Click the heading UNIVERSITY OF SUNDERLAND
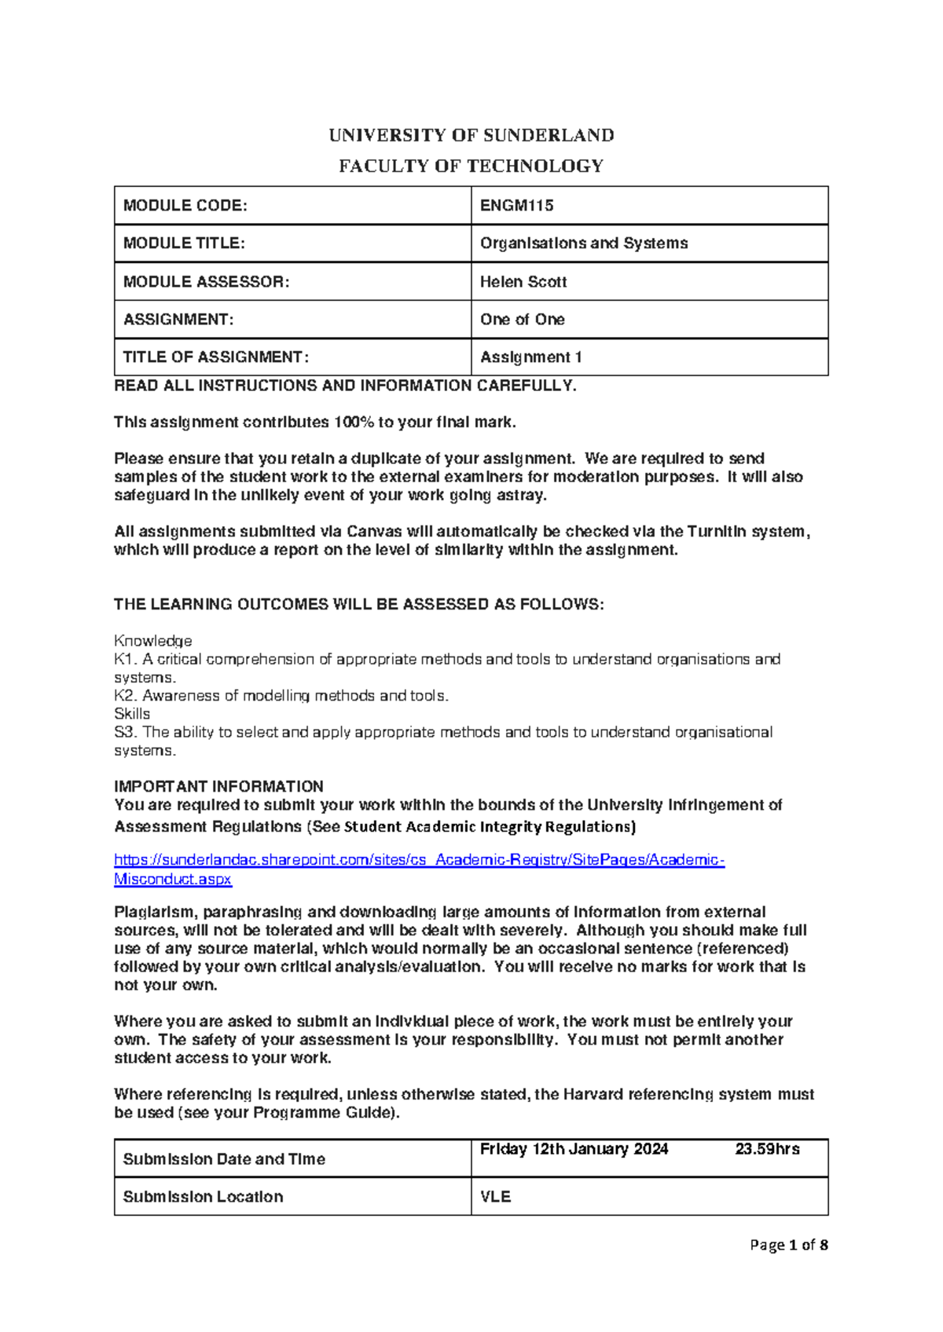[x=472, y=135]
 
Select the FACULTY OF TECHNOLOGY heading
[x=472, y=166]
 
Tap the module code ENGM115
[x=517, y=206]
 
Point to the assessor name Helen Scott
[x=523, y=282]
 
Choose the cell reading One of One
[x=523, y=320]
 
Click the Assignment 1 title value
[x=531, y=357]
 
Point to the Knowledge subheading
[x=153, y=641]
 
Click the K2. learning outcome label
[x=126, y=696]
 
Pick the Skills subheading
[x=132, y=714]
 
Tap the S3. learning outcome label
[x=126, y=732]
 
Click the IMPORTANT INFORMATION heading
[x=218, y=786]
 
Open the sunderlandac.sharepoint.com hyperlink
[x=419, y=860]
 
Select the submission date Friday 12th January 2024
[x=574, y=1149]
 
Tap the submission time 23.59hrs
[x=767, y=1149]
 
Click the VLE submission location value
[x=496, y=1197]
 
